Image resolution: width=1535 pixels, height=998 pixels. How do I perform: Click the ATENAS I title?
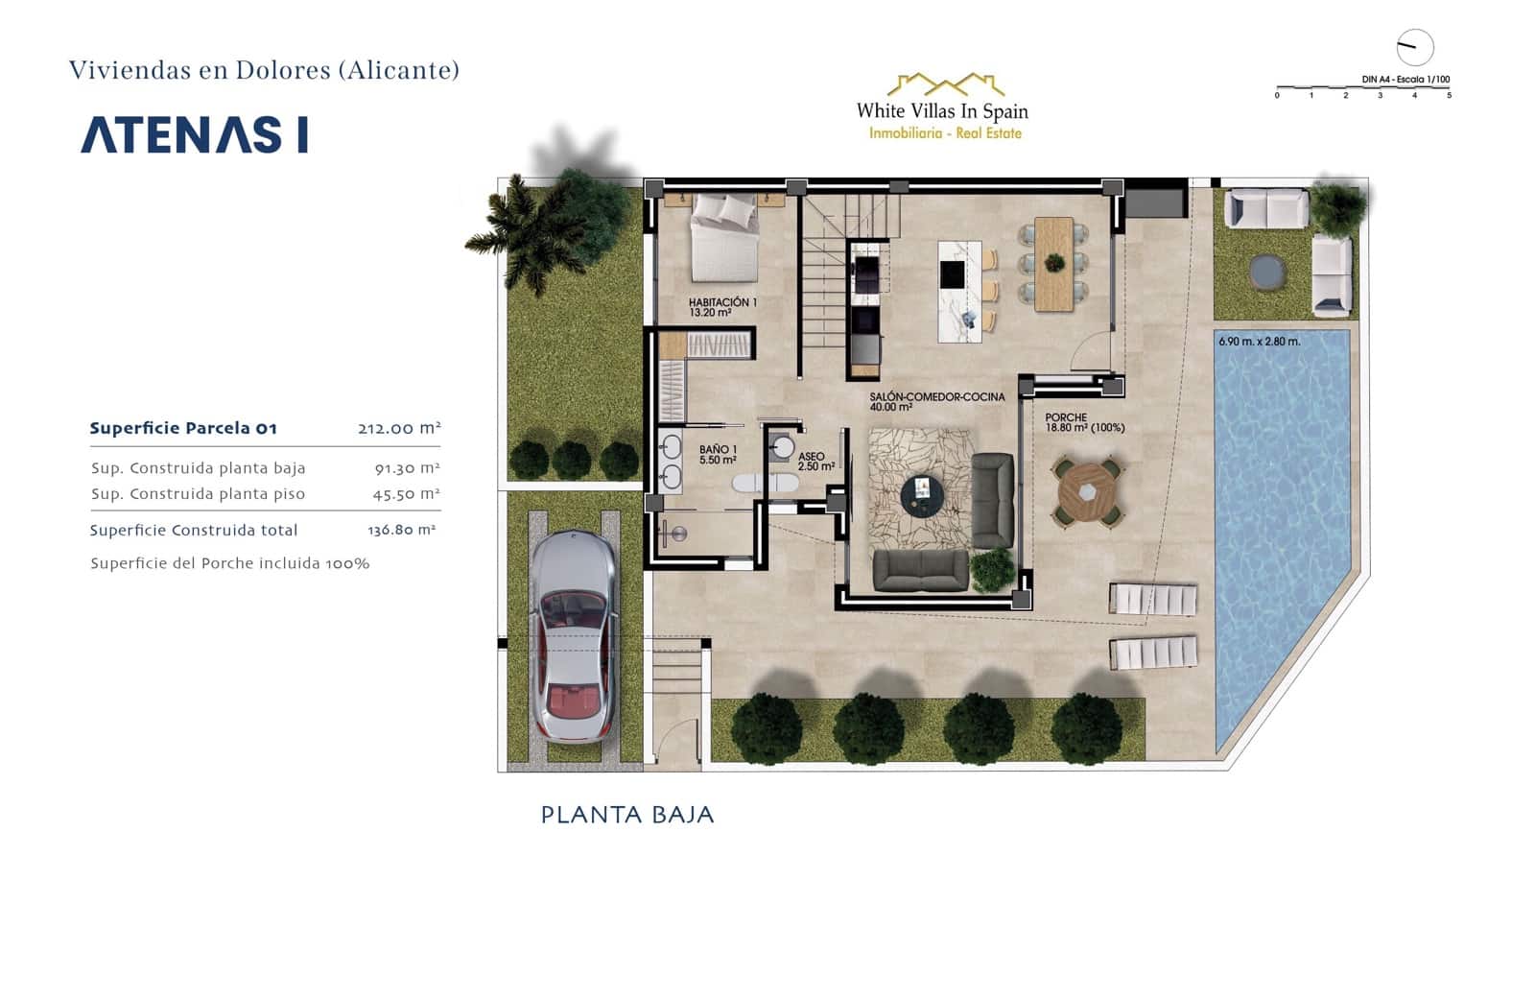coord(195,135)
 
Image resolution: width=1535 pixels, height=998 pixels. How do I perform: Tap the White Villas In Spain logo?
coord(942,107)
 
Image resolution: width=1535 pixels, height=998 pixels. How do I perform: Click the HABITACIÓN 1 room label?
coord(721,307)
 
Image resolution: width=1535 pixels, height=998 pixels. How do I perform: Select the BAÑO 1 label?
coord(718,455)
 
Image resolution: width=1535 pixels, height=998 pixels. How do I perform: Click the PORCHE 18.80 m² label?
coord(1084,423)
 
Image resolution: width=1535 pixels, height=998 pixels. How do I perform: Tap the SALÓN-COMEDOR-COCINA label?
coord(936,401)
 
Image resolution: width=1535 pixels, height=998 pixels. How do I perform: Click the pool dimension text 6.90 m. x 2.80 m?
coord(1259,342)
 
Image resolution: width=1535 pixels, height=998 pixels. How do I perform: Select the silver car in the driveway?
coord(573,636)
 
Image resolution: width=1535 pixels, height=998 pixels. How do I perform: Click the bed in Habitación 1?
coord(724,236)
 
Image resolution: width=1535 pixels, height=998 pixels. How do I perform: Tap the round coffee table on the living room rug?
coord(922,494)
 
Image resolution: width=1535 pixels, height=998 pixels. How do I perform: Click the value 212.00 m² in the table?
coord(399,428)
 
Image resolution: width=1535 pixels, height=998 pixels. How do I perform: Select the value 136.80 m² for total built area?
coord(402,530)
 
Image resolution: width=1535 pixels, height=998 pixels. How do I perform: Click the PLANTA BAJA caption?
coord(627,815)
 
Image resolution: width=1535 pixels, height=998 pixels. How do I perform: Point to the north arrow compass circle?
coord(1414,47)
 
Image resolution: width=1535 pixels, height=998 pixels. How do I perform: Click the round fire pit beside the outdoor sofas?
coord(1269,271)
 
